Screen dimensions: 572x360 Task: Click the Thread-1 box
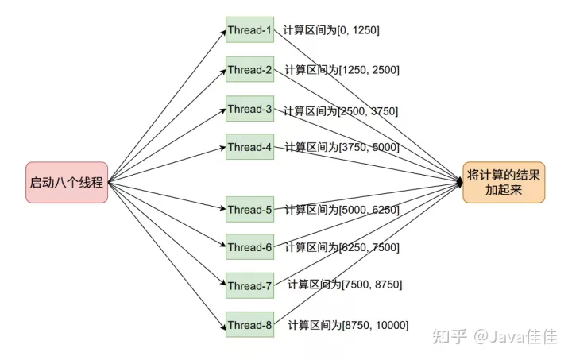tap(249, 30)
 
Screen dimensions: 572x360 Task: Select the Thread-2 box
tap(249, 70)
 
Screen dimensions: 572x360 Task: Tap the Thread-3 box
tap(249, 109)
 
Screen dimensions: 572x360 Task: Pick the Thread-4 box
tap(249, 147)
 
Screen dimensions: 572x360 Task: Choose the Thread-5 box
tap(249, 210)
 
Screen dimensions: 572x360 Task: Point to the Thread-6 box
tap(249, 247)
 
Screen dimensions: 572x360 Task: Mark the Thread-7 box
tap(249, 285)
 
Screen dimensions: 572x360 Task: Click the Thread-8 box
tap(249, 324)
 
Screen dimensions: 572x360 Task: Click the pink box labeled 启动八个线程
tap(66, 182)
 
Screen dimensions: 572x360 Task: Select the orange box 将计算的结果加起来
tap(504, 183)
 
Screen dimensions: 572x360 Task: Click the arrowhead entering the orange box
tap(460, 183)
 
